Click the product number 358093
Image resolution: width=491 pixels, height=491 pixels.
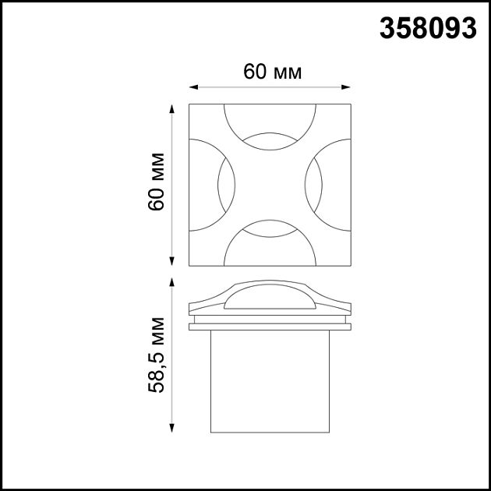point(428,28)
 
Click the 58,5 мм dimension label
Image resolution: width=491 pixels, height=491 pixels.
point(156,355)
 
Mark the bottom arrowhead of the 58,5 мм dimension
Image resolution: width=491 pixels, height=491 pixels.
point(173,430)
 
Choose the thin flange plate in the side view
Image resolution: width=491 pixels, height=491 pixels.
point(270,326)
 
